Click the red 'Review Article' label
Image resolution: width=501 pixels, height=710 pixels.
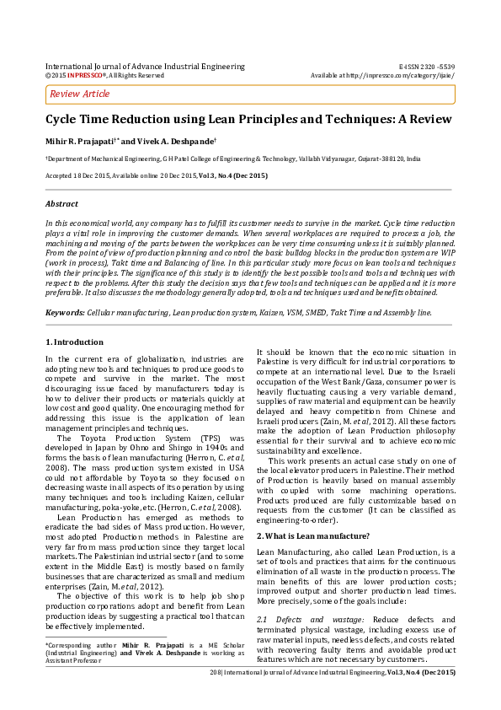80,94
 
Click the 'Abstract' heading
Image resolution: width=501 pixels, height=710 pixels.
61,204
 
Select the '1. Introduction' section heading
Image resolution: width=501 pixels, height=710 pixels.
75,342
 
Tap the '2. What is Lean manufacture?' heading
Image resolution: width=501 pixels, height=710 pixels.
312,512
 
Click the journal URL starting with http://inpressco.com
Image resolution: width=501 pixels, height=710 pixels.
396,75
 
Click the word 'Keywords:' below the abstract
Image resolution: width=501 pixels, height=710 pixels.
65,312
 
